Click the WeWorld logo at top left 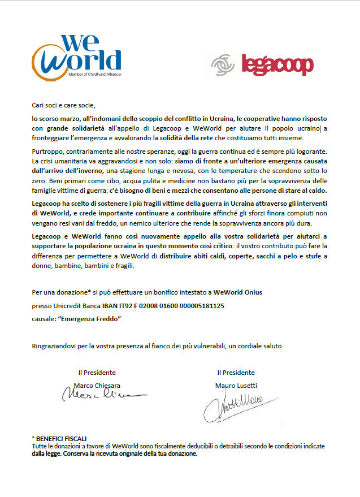(x=77, y=55)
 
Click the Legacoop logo (x=262, y=64)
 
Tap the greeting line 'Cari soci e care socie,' (x=64, y=105)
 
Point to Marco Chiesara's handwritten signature (x=102, y=395)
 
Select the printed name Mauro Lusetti (x=236, y=385)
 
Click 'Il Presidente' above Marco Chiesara (x=97, y=373)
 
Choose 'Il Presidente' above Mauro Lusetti (x=236, y=373)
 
